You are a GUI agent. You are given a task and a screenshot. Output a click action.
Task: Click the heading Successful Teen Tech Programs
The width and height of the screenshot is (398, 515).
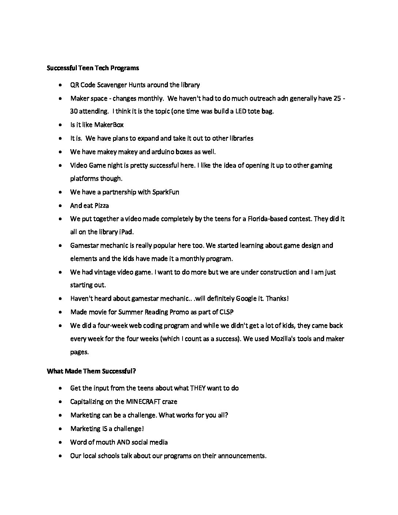pyautogui.click(x=93, y=68)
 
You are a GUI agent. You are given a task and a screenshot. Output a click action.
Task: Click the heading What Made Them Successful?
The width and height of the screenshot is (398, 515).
pyautogui.click(x=91, y=371)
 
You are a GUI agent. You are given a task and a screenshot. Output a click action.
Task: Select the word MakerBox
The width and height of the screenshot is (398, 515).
pyautogui.click(x=109, y=125)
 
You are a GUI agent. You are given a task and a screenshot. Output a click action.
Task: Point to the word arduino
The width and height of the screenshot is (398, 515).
pyautogui.click(x=150, y=152)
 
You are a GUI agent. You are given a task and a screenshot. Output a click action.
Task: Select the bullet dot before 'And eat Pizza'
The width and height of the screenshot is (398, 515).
pyautogui.click(x=60, y=206)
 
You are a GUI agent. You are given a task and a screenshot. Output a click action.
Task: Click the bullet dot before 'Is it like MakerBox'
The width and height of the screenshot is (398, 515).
pyautogui.click(x=60, y=125)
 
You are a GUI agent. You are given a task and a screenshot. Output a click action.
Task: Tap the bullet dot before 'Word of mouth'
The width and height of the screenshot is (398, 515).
pyautogui.click(x=60, y=442)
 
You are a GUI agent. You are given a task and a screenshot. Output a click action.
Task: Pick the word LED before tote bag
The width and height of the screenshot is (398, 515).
pyautogui.click(x=241, y=111)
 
